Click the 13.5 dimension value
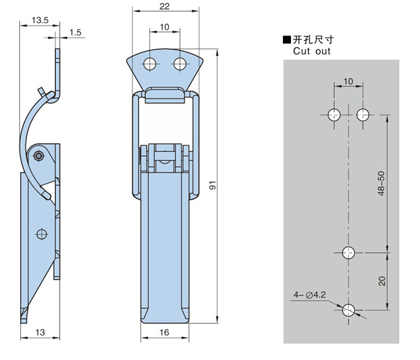[x=39, y=21]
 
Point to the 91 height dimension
[x=213, y=187]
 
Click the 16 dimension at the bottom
[x=165, y=332]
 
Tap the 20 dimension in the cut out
[x=381, y=281]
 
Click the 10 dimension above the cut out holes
[x=349, y=81]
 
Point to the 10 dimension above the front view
[x=165, y=26]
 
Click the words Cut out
[x=311, y=51]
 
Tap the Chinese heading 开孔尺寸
[x=315, y=40]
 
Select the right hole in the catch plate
[x=180, y=63]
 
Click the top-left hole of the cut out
[x=334, y=115]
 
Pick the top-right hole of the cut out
[x=363, y=115]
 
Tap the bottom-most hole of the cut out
[x=349, y=310]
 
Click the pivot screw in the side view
[x=39, y=156]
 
